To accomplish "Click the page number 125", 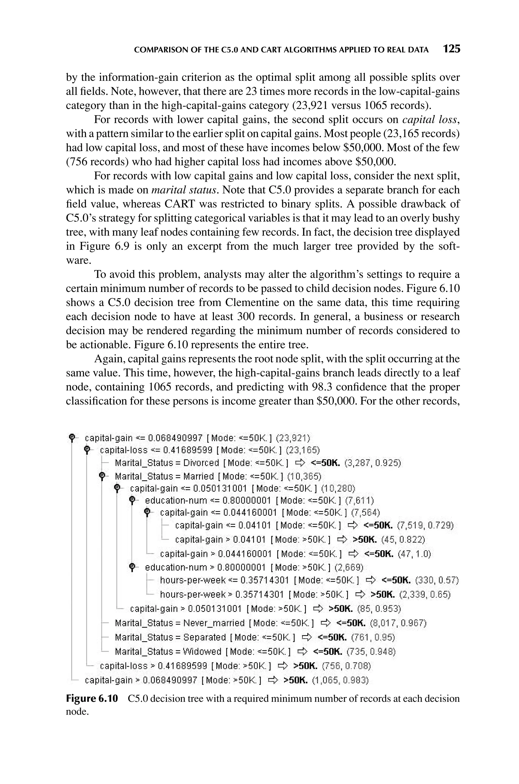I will [452, 49].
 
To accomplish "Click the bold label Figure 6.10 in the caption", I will [92, 699].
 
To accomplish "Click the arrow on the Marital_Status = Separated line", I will [307, 637].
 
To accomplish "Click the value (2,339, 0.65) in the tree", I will [425, 595].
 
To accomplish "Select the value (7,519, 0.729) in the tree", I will [425, 525].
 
